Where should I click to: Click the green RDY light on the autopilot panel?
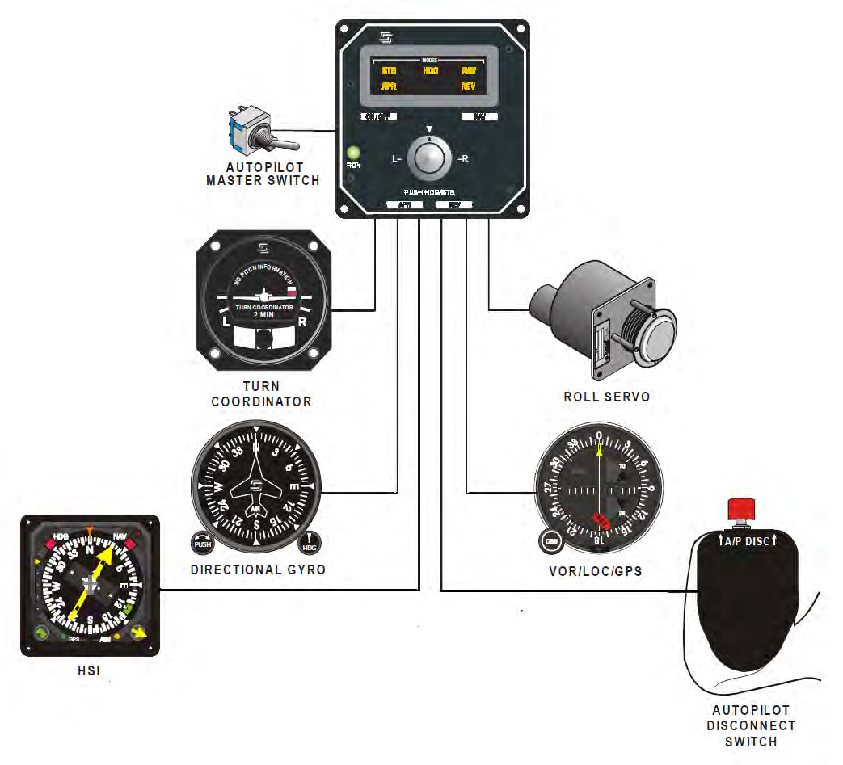[x=352, y=152]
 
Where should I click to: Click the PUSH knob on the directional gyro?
[x=202, y=543]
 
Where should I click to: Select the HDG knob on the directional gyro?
[x=310, y=544]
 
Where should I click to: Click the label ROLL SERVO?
[x=606, y=397]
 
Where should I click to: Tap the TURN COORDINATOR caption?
[x=261, y=393]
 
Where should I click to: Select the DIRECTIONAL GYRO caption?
[x=258, y=570]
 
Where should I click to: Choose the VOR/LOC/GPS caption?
[x=595, y=570]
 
